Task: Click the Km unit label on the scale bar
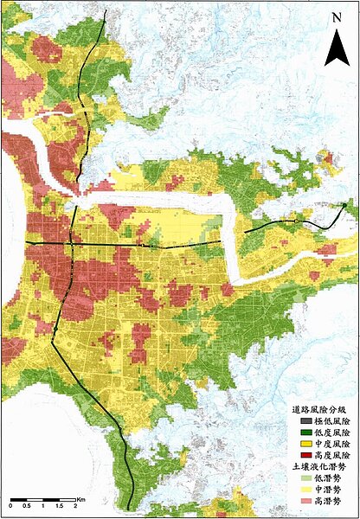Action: point(80,499)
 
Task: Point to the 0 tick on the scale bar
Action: point(10,508)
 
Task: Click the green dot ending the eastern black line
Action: point(344,205)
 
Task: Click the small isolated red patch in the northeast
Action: point(325,157)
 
